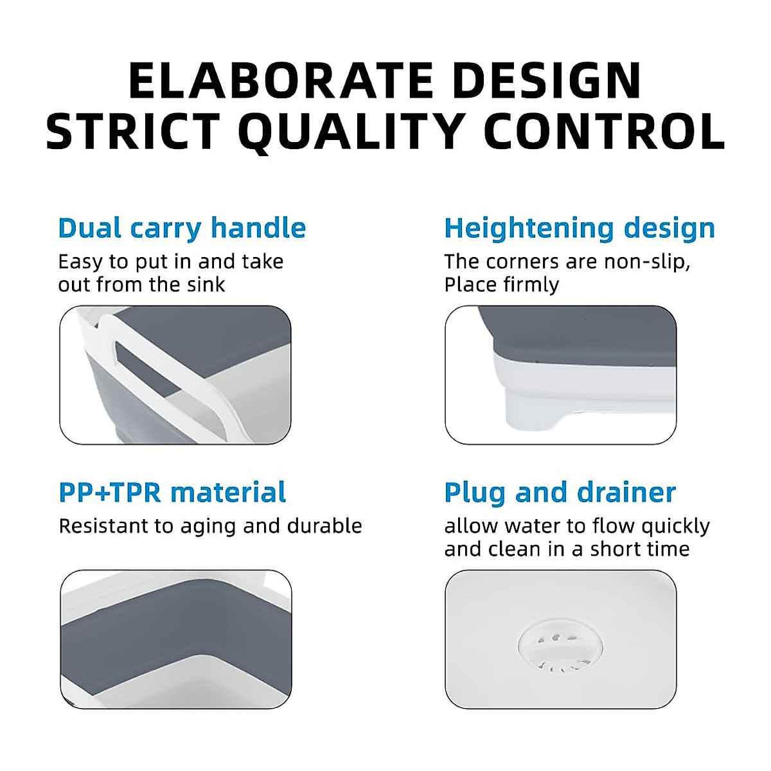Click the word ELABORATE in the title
(x=281, y=80)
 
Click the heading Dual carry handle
(x=182, y=229)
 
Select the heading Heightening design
(x=580, y=229)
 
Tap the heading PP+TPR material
(x=172, y=492)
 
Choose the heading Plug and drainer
(x=560, y=493)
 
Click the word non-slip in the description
(x=647, y=263)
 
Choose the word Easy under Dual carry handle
(x=80, y=263)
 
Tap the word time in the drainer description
(x=669, y=549)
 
